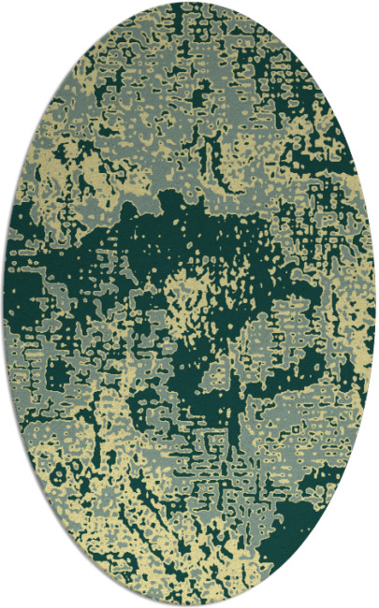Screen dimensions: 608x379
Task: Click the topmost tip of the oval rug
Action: point(189,3)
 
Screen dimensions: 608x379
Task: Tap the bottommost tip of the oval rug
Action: point(189,605)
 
